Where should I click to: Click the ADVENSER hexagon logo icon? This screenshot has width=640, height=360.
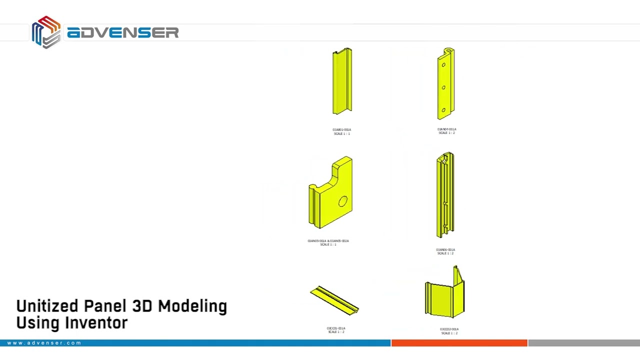coord(46,32)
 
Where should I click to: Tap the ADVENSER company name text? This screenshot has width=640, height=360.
coord(122,33)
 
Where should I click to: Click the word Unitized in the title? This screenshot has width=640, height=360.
coord(47,306)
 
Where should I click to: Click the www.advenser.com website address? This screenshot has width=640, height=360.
coord(44,343)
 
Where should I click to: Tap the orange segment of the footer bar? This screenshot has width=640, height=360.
coord(459,343)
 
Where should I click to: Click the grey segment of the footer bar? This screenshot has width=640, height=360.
coord(583,343)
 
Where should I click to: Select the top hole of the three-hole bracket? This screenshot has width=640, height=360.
coord(443,65)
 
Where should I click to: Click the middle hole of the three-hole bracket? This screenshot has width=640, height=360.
coord(443,87)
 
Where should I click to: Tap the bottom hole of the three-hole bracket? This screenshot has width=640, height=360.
coord(443,110)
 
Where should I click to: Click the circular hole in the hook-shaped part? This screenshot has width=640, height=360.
coord(343,201)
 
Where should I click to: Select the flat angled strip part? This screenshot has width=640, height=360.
coord(334,300)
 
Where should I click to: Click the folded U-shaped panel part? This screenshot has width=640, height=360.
coord(445,295)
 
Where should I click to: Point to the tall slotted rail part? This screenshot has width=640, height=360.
coord(445,195)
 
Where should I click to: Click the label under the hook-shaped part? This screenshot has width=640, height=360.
coord(328,242)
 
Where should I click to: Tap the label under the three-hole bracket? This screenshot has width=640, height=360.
coord(446,131)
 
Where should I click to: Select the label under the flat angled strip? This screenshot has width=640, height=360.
coord(336,330)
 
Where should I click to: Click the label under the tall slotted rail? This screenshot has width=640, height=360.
coord(445,251)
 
